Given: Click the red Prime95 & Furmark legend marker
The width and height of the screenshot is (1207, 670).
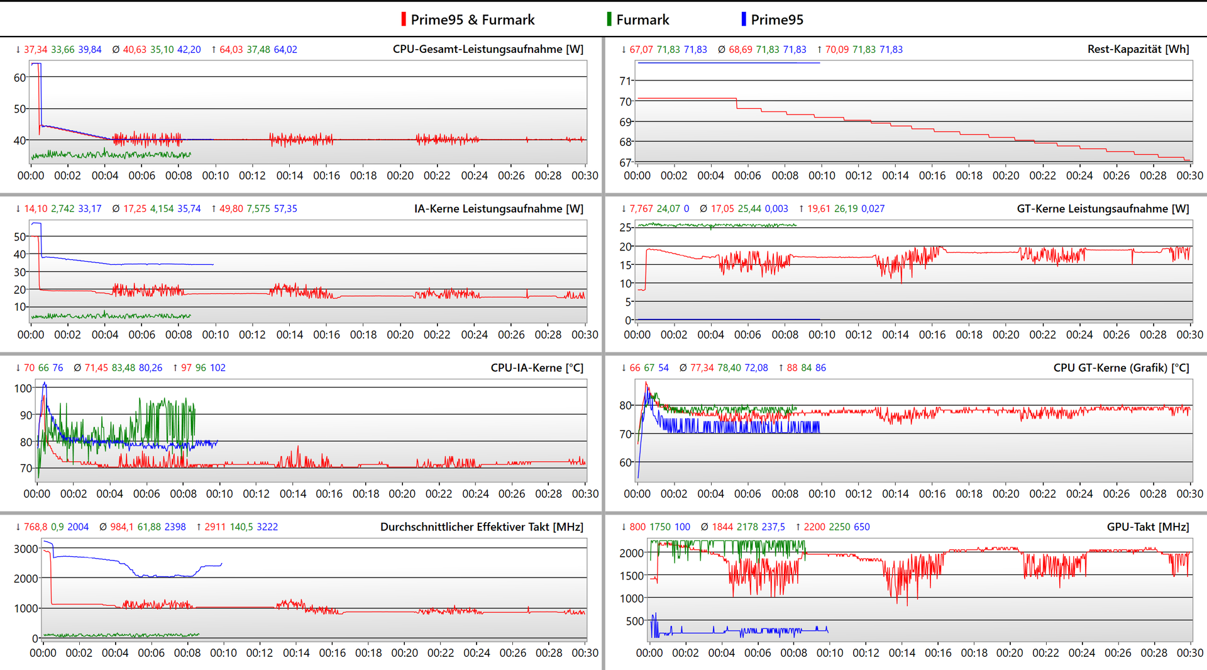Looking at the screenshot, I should point(404,20).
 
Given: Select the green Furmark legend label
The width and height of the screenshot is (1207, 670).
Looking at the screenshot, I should point(642,20).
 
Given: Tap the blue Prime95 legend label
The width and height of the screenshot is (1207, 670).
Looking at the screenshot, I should point(777,20).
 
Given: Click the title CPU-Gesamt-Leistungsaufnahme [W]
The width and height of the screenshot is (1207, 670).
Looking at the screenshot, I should point(488,49).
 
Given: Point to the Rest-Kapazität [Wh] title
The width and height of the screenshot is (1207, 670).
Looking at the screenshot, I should point(1138,49).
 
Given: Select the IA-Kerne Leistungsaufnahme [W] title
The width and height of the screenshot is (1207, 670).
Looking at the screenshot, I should point(499,208).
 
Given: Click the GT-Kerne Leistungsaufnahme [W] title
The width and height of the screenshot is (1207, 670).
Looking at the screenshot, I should point(1103,208).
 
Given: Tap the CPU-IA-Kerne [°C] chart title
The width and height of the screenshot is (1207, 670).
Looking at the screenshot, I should point(537,367).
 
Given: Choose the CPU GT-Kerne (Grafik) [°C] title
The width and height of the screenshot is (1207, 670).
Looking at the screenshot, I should point(1121,367).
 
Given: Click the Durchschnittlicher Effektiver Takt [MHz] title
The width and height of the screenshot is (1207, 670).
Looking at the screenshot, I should point(482,527).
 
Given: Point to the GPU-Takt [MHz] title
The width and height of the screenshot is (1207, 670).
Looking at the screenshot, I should point(1147,527).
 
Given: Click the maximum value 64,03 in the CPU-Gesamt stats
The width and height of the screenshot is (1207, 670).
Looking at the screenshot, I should point(231,50).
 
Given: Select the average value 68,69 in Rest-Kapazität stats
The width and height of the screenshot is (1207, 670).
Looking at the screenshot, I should point(740,50).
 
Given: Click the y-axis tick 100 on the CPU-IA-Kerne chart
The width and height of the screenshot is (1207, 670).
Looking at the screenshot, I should point(23,388).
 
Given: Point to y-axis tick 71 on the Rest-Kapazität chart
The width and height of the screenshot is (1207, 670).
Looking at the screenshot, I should point(625,81).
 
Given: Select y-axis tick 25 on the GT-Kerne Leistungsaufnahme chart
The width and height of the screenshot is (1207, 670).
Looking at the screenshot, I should point(625,227).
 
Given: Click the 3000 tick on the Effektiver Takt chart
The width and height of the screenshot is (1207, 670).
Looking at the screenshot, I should point(26,549).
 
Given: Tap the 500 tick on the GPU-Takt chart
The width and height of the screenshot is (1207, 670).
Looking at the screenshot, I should point(634,621).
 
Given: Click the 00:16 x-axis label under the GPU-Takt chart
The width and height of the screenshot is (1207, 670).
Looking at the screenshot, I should point(938,653).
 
